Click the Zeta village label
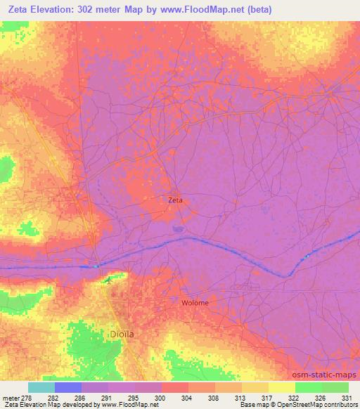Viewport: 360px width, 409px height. (x=175, y=200)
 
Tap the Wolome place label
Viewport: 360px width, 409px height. (x=195, y=303)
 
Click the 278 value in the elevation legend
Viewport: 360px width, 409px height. (x=18, y=398)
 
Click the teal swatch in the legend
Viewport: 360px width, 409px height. (x=41, y=387)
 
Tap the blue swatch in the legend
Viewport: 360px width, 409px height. (x=68, y=387)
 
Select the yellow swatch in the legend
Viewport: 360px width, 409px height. (x=281, y=387)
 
